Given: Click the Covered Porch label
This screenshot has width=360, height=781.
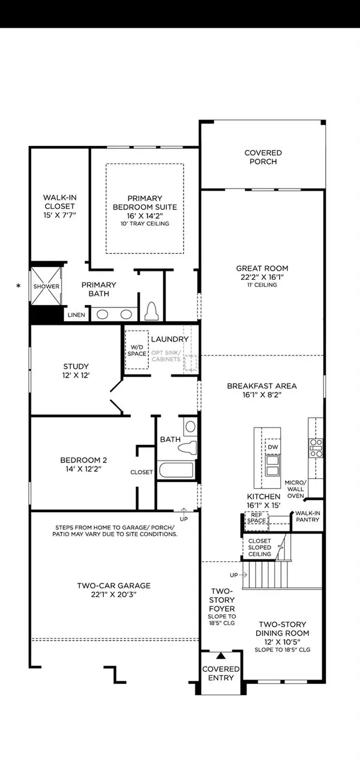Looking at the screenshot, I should click(x=263, y=157).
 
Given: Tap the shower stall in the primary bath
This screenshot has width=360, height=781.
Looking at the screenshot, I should click(x=46, y=286).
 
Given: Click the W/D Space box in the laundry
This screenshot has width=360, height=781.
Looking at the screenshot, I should click(x=137, y=350).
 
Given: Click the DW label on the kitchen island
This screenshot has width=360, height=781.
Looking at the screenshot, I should click(x=272, y=447).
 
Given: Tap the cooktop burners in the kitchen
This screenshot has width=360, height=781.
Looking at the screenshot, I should click(x=316, y=445).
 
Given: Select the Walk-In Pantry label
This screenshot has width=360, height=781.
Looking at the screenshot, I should click(x=307, y=517).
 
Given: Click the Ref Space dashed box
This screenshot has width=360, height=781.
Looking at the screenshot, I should click(x=257, y=518).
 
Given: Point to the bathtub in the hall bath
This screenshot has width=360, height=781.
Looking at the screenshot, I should click(x=176, y=471).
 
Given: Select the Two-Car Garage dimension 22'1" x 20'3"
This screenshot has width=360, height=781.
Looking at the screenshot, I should click(x=113, y=595).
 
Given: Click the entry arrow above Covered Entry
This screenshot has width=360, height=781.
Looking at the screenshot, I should click(x=220, y=656).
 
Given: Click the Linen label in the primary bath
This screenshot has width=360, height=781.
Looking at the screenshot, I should click(x=76, y=315).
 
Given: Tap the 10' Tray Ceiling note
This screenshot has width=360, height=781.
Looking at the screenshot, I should click(x=144, y=223).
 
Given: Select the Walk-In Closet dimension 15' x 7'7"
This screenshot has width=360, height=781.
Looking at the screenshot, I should click(x=59, y=214).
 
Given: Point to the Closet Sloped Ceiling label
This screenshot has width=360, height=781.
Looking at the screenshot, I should click(x=260, y=547).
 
